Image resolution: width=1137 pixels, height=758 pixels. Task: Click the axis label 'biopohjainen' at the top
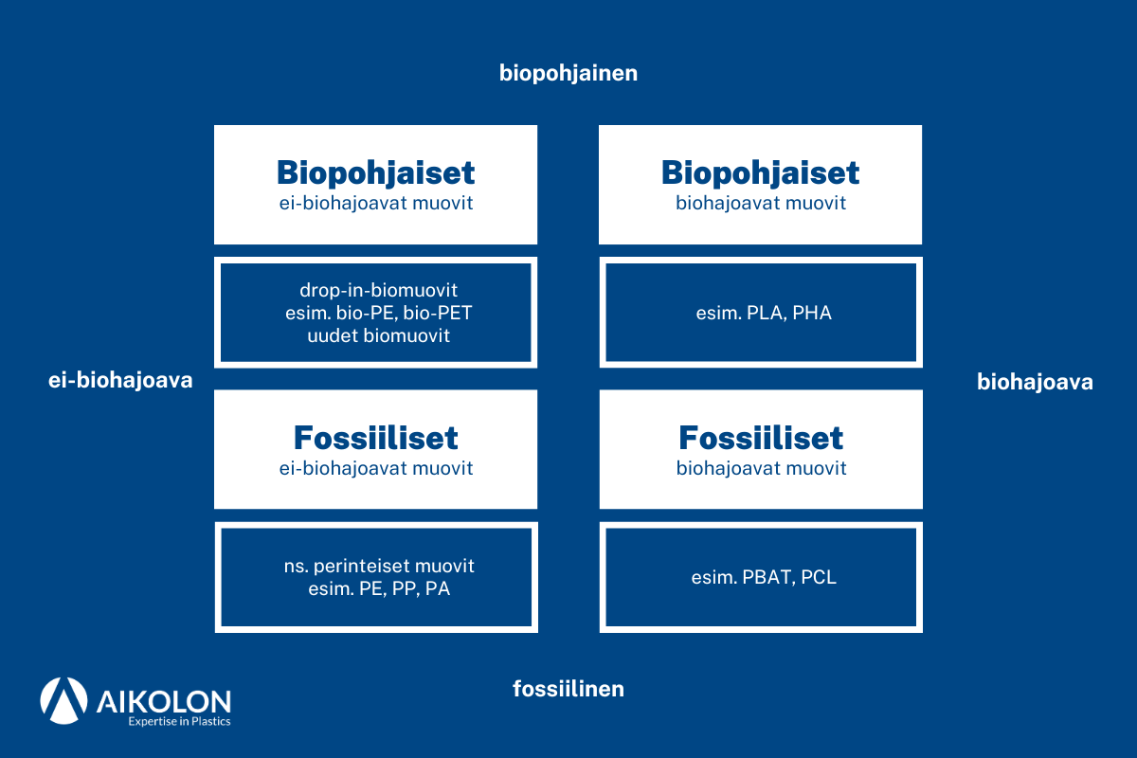[x=568, y=74]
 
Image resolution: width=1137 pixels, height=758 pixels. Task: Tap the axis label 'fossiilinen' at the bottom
[x=568, y=689]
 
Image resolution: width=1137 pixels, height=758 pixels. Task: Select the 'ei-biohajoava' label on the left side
[x=120, y=381]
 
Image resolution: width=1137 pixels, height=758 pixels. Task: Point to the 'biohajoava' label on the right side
[x=1035, y=383]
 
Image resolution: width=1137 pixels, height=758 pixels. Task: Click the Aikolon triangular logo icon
[x=63, y=701]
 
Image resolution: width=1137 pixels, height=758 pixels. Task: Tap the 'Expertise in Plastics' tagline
[x=179, y=722]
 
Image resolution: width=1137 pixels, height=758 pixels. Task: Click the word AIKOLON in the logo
[x=164, y=700]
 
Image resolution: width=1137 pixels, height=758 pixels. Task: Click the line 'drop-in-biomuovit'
[x=376, y=290]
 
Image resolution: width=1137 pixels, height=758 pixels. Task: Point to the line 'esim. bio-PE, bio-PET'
[x=376, y=313]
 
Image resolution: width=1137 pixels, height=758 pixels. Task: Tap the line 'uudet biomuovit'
[x=376, y=335]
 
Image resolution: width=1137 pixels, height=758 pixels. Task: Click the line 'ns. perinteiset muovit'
[x=376, y=566]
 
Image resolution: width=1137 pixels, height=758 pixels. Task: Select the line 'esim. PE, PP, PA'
[x=376, y=588]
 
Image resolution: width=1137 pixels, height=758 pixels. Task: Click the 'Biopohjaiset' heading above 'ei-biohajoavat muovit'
[x=376, y=173]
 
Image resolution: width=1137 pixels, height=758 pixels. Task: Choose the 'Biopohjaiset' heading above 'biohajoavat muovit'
[x=761, y=173]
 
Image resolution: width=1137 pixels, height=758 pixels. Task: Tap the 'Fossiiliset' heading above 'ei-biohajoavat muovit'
[x=376, y=438]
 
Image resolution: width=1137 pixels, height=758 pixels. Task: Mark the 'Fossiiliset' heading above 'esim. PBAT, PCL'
[x=761, y=438]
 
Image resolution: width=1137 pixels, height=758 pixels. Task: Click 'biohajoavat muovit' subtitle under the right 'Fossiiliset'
[x=761, y=468]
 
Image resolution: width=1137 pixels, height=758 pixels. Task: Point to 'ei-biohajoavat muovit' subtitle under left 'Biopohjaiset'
[x=376, y=203]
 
